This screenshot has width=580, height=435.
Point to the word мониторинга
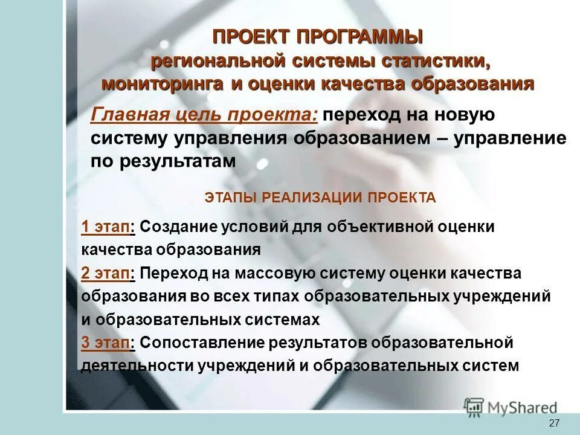click(163, 84)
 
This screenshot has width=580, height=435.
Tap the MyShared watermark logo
click(511, 407)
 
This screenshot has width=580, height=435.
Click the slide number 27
click(554, 423)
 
